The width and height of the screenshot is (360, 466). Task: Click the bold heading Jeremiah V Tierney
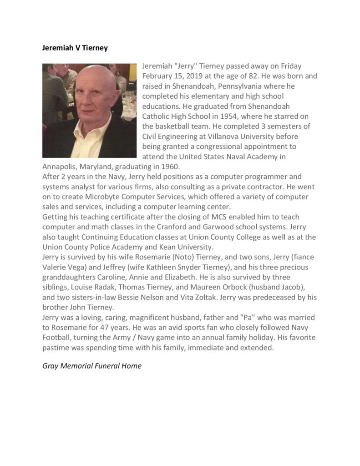click(x=75, y=48)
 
